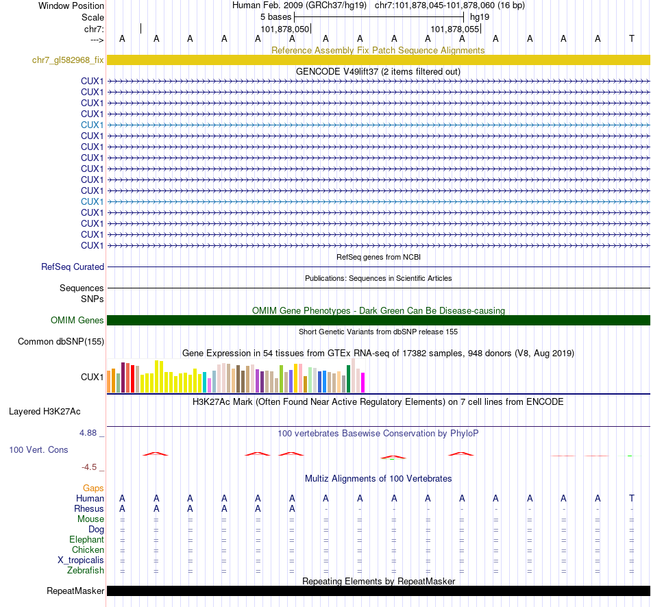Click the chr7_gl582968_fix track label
[x=68, y=60]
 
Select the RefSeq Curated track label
[x=73, y=267]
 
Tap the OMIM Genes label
[x=77, y=320]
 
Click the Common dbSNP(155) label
[x=61, y=342]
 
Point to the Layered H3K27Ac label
[x=45, y=412]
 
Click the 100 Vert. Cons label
[x=38, y=450]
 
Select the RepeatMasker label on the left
[x=75, y=591]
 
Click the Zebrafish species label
[x=86, y=570]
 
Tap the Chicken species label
[x=88, y=549]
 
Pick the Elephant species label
[x=87, y=539]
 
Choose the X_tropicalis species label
[x=82, y=560]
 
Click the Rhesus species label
[x=89, y=509]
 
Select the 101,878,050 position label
[x=285, y=29]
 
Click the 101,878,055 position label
[x=455, y=29]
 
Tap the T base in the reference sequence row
[x=631, y=38]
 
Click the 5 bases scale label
[x=276, y=16]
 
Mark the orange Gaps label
[x=93, y=488]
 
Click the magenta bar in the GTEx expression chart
[x=363, y=382]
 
